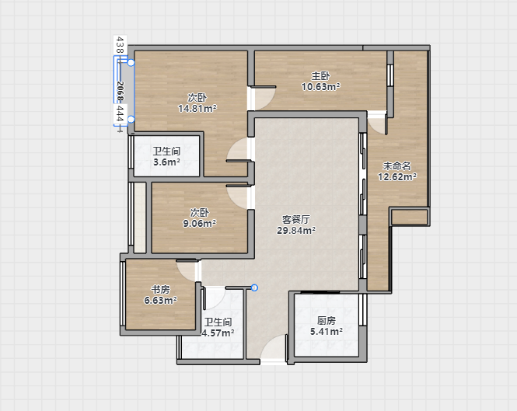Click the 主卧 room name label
coord(320,76)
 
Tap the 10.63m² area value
coord(321,87)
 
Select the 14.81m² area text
coord(197,108)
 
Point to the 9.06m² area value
coord(200,224)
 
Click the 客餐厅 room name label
coord(295,220)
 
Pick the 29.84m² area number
coord(296,231)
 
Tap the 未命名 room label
coord(397,165)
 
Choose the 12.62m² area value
coord(397,177)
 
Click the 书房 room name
coord(161,289)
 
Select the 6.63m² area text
coord(161,300)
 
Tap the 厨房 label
coord(327,320)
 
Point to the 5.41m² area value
coord(327,331)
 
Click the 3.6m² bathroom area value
coord(167,162)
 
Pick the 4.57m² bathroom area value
coord(218,333)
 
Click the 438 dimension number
coord(120,45)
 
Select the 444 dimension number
coord(120,114)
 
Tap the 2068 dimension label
coord(120,91)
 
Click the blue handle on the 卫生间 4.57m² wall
coord(254,288)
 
